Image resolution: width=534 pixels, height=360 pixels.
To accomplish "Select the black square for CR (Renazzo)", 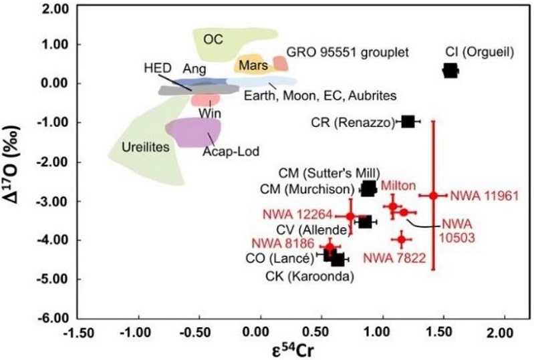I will click(x=408, y=122).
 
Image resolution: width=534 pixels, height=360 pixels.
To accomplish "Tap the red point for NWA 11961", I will click(x=434, y=195).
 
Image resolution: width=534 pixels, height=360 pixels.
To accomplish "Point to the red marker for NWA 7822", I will click(x=402, y=238).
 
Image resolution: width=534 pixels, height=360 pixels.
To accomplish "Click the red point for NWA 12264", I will click(x=350, y=216).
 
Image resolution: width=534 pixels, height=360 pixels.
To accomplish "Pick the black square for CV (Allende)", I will click(x=365, y=221).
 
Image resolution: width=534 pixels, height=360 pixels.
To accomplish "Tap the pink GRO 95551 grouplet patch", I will click(x=281, y=63).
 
